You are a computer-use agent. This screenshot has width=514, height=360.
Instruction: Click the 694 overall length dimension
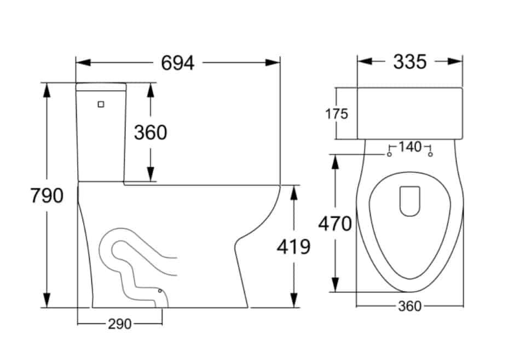tap(178, 63)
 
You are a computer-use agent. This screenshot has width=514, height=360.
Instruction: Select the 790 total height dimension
tap(47, 195)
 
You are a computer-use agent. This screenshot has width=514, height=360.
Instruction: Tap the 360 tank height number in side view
tap(151, 132)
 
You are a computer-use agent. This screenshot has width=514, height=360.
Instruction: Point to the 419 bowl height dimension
tap(293, 247)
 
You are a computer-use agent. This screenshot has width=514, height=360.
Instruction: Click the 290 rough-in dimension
tap(120, 324)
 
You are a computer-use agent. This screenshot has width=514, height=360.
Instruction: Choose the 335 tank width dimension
tap(410, 62)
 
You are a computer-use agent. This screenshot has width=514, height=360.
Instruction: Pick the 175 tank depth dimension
tap(337, 114)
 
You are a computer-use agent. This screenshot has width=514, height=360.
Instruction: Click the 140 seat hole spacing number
tap(410, 147)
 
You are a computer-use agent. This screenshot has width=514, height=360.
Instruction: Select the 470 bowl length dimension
tap(335, 224)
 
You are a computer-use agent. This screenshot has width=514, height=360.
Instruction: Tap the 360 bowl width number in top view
tap(410, 306)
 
